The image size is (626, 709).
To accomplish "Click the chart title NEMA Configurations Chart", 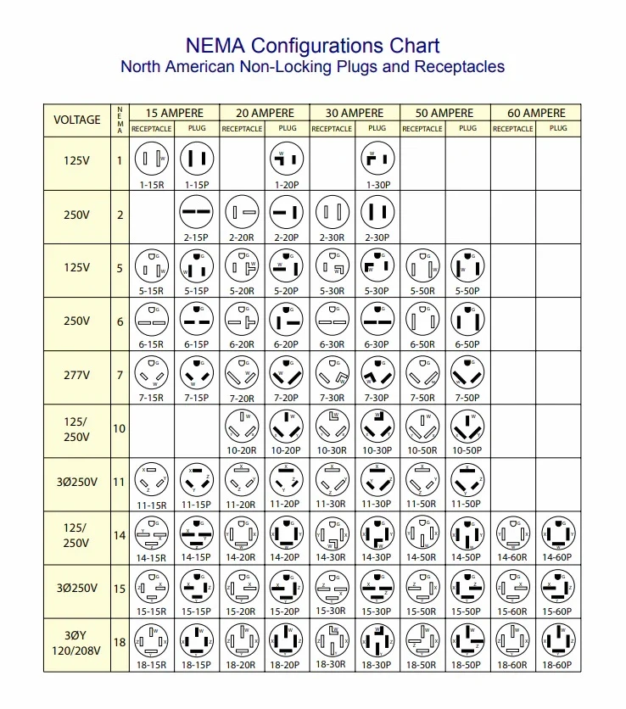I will pos(312,46).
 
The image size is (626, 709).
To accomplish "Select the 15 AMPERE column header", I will pos(175,113).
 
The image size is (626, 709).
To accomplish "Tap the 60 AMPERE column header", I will pos(536,113).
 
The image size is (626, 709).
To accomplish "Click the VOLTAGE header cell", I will pos(77,120).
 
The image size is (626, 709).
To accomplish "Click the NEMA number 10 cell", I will pos(120,429).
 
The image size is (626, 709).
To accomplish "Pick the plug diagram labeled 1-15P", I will pos(197,158).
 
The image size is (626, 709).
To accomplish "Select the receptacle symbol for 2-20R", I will pos(242,212).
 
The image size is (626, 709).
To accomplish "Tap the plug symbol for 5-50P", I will pos(467,266).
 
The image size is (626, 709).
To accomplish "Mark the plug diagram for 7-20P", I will pos(287,373).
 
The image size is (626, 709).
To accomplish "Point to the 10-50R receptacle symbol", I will pos(422,427).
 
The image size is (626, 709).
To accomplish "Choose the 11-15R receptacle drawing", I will pos(152,481).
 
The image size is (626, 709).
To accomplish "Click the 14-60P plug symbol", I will pos(557,534).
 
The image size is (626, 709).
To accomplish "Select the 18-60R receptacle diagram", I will pos(512,642).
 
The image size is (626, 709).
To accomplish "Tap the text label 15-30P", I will pos(377,611).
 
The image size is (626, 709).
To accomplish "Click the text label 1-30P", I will pos(377,183).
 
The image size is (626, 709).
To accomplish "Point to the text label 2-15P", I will pos(197,237).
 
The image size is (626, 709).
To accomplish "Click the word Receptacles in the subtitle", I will pos(459,66).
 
